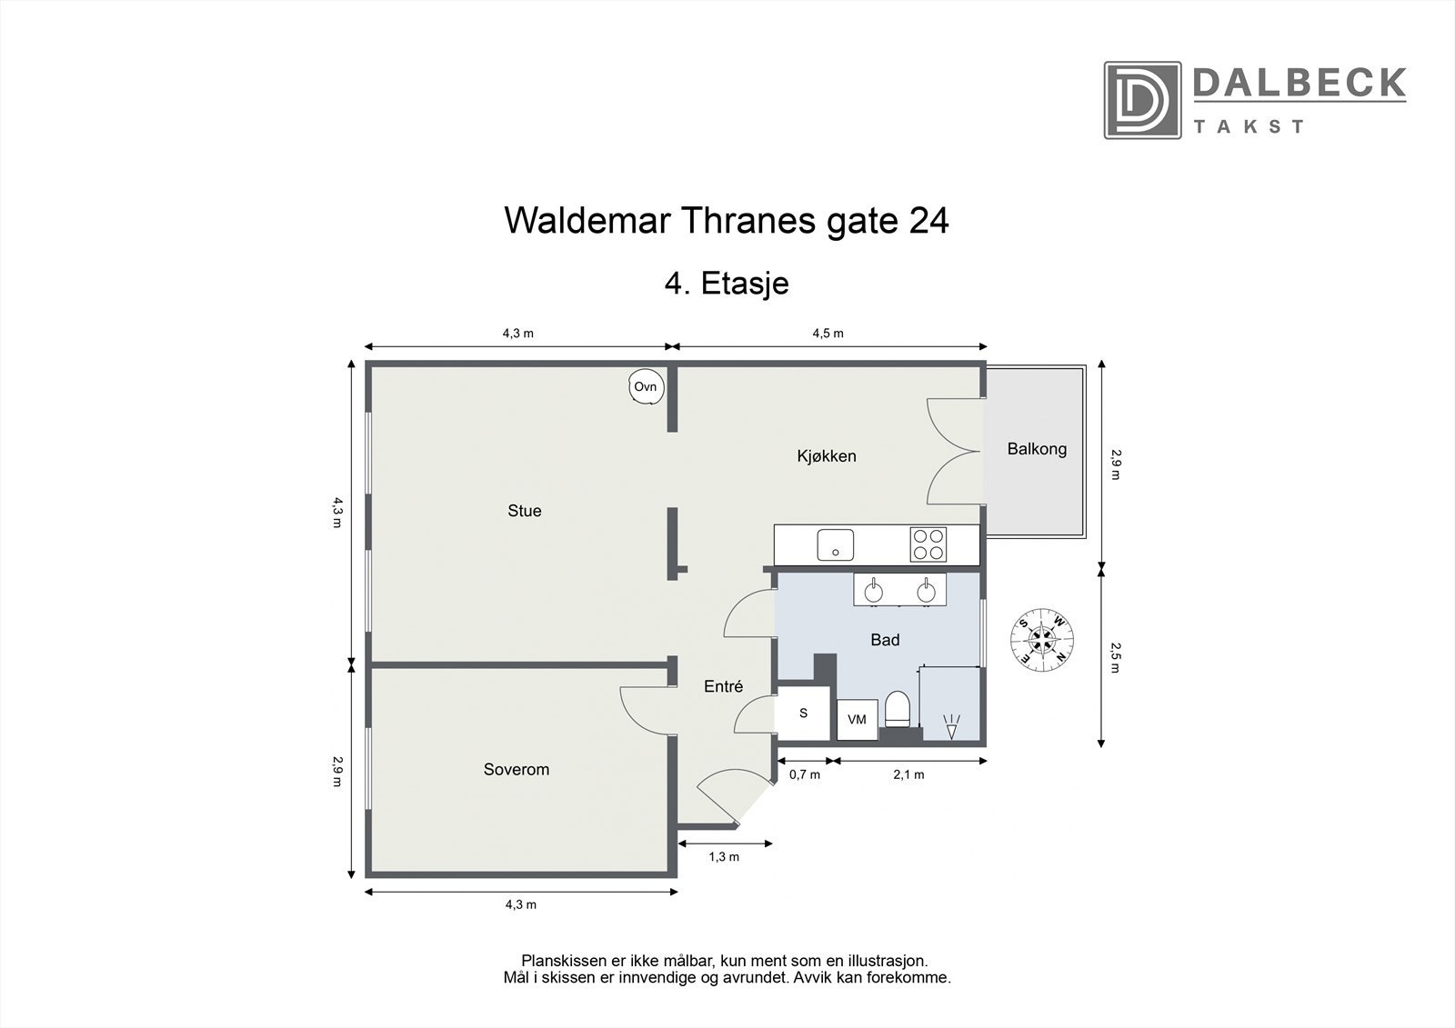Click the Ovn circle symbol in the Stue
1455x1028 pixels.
click(x=646, y=387)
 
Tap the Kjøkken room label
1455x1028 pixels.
click(x=827, y=456)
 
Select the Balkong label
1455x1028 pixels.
click(x=1037, y=449)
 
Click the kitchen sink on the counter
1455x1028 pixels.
click(x=835, y=544)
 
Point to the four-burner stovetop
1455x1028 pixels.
click(x=928, y=544)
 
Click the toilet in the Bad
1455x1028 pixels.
click(x=897, y=709)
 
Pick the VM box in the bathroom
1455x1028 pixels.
click(x=857, y=719)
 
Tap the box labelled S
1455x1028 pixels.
click(x=804, y=714)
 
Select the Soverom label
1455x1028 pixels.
click(x=516, y=770)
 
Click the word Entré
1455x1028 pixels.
click(x=724, y=687)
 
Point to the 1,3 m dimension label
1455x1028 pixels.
click(x=725, y=857)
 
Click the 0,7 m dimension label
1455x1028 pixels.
click(x=804, y=775)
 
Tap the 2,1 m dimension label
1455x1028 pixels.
click(x=908, y=775)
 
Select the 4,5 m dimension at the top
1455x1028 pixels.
click(x=828, y=333)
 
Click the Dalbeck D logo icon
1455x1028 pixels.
click(x=1142, y=100)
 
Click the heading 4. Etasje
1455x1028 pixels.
click(x=727, y=283)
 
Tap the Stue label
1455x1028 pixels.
click(x=525, y=511)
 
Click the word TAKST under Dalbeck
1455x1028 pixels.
click(x=1249, y=126)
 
